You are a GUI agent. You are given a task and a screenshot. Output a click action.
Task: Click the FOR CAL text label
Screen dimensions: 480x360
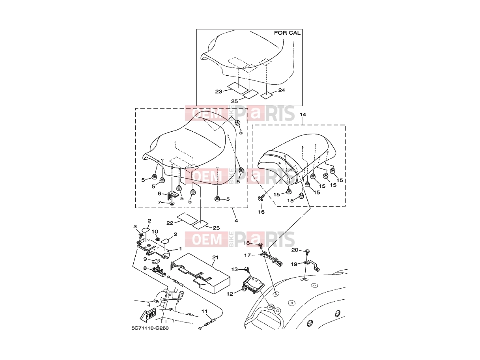click(287, 33)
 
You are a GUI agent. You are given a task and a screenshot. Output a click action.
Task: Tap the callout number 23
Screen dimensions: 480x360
click(219, 91)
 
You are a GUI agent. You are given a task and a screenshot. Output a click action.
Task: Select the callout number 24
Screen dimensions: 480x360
click(282, 90)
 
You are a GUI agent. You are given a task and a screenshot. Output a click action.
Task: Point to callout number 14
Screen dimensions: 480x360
click(303, 114)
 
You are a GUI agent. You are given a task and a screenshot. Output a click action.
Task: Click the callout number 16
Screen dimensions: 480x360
click(261, 212)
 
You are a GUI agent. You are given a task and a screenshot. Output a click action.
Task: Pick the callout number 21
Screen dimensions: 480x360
click(215, 257)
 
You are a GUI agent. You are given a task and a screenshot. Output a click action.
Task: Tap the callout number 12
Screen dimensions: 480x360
click(230, 294)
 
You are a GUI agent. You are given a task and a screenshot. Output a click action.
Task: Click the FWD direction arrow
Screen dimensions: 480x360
click(148, 315)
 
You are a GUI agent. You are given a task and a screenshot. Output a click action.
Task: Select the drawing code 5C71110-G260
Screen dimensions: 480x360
click(150, 328)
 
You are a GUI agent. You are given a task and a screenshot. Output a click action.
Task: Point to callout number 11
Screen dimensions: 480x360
click(204, 311)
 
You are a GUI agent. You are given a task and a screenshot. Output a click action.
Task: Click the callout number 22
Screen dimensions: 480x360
click(170, 223)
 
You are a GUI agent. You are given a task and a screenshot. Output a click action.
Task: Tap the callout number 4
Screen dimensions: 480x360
click(236, 220)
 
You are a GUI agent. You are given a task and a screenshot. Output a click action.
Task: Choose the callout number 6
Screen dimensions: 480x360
click(159, 194)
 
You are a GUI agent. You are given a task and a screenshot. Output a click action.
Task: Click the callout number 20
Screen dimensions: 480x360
click(295, 250)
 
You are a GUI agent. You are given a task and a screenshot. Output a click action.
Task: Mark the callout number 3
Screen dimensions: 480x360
click(135, 227)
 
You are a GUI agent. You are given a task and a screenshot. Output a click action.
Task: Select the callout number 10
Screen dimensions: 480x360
click(155, 232)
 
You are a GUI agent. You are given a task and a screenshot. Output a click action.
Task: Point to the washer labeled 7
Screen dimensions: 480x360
click(172, 204)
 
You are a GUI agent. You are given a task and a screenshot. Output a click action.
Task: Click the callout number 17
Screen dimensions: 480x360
click(247, 255)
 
